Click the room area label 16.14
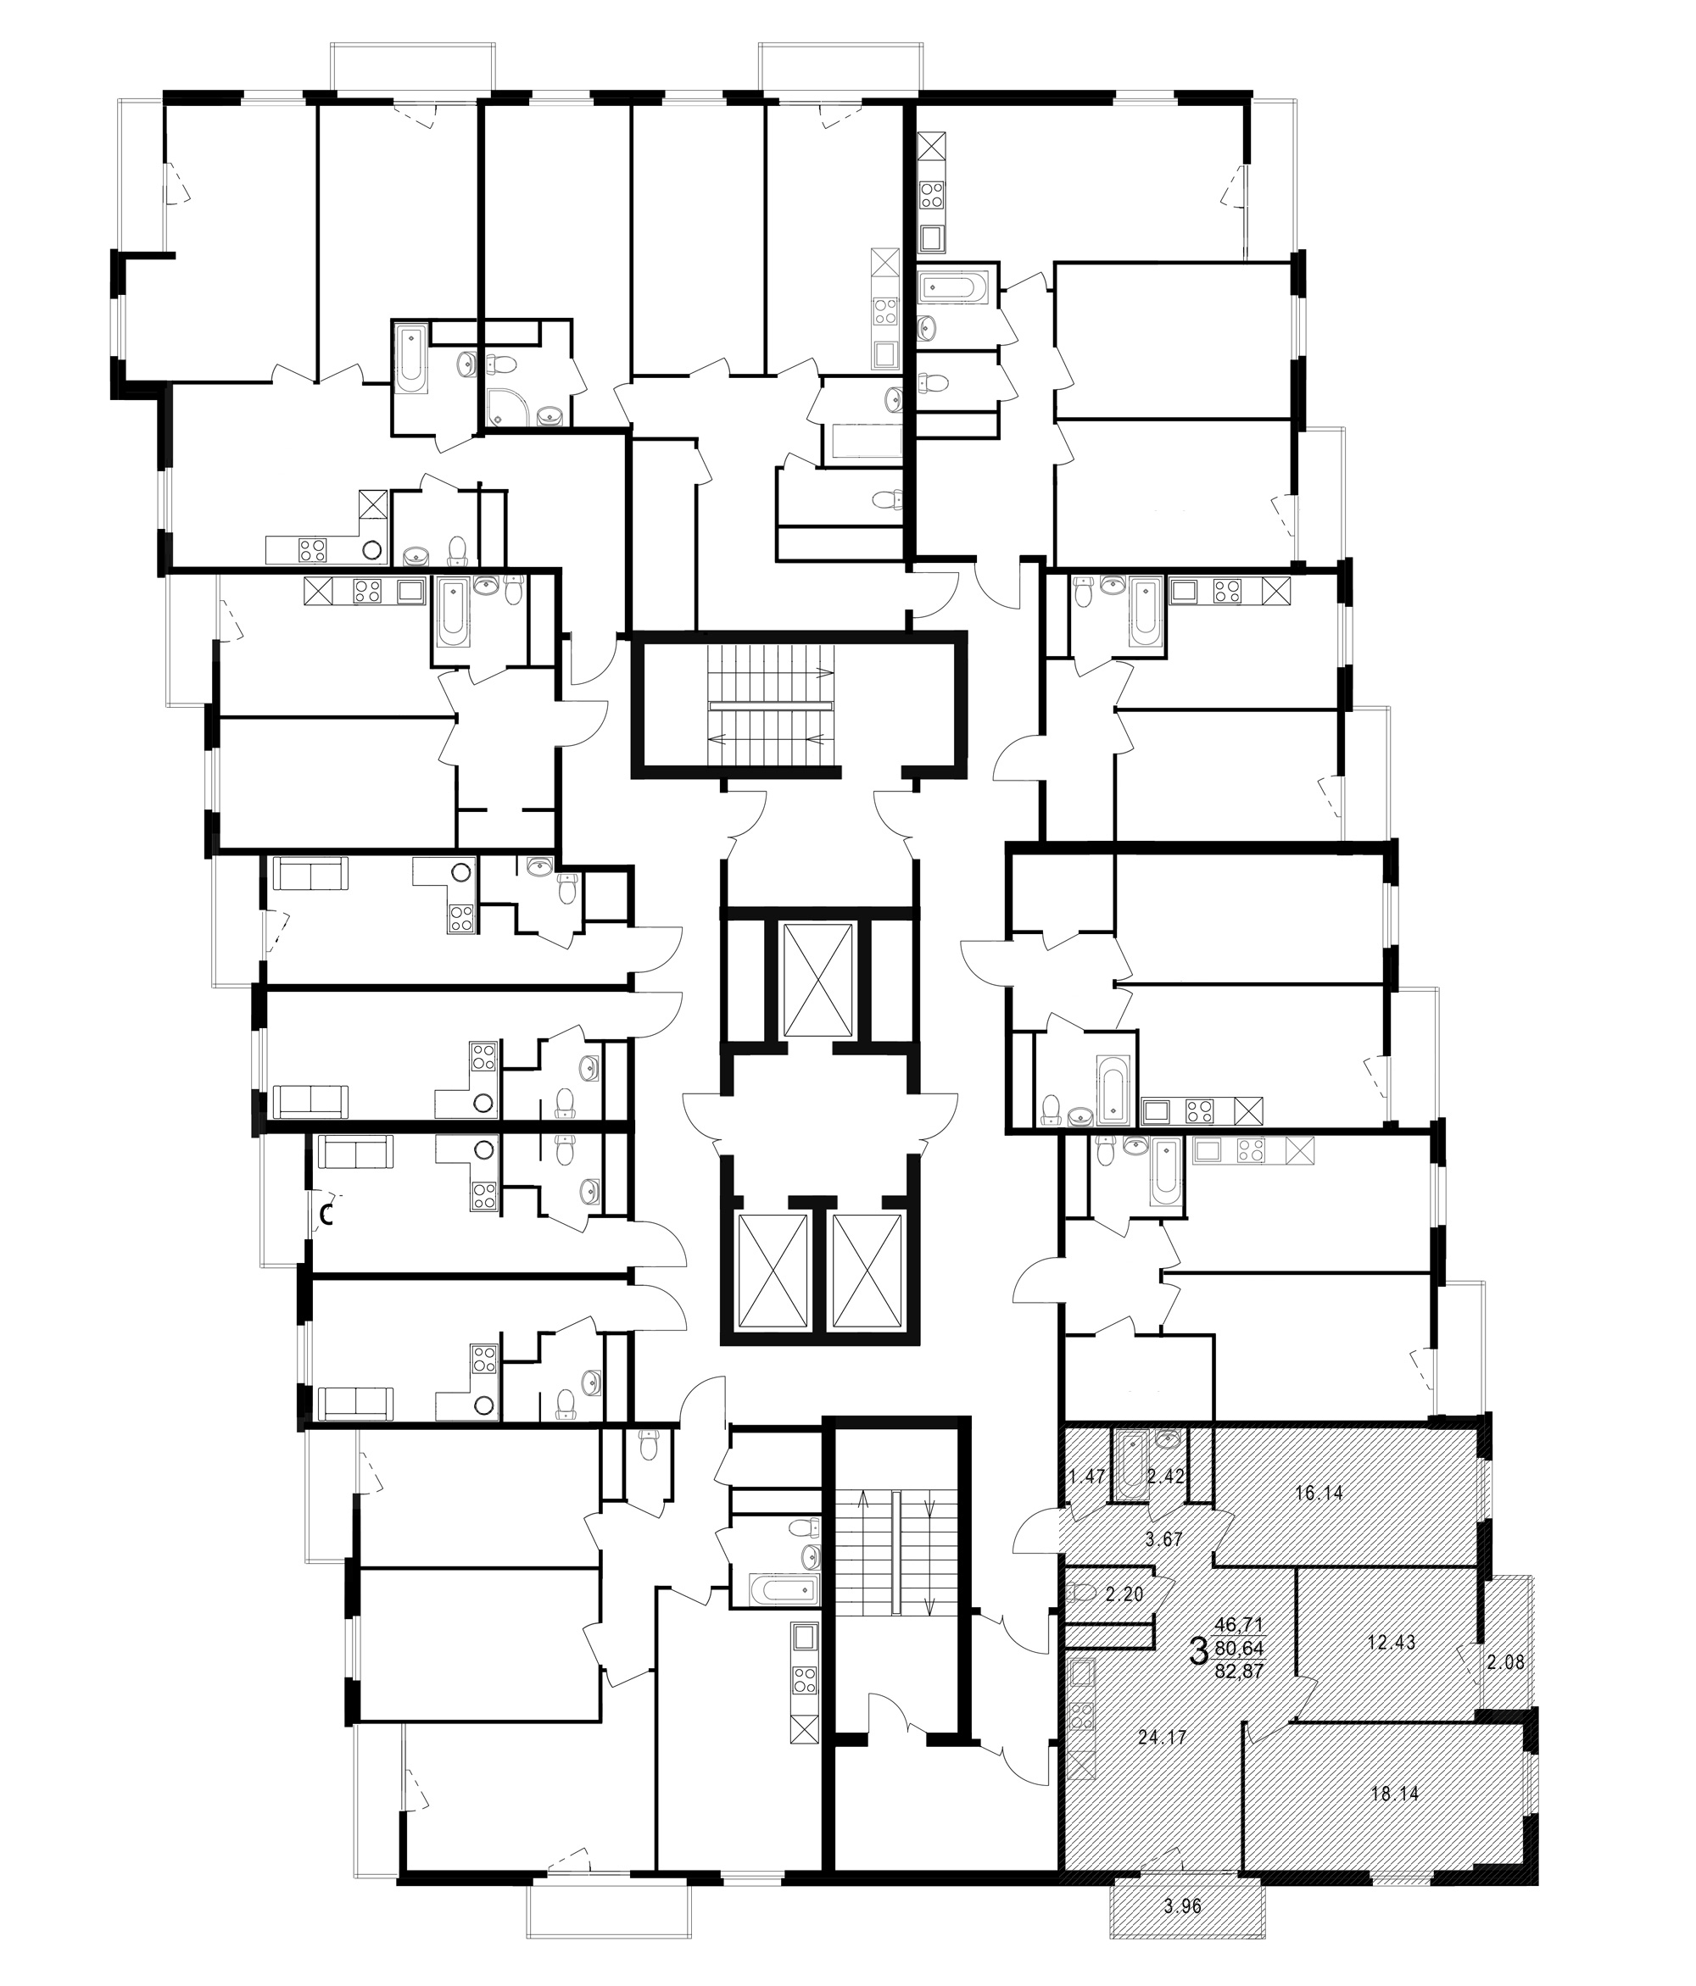(x=1319, y=1493)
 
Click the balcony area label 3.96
(x=1182, y=1906)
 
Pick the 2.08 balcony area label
(x=1505, y=1663)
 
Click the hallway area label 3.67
(x=1165, y=1540)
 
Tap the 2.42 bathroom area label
(x=1166, y=1476)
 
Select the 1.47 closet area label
(x=1087, y=1476)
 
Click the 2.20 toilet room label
(x=1124, y=1595)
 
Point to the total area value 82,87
(x=1240, y=1671)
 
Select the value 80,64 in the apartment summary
(x=1240, y=1648)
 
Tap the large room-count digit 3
(x=1197, y=1650)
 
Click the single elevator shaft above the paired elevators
(x=817, y=982)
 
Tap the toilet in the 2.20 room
(x=1080, y=1593)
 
